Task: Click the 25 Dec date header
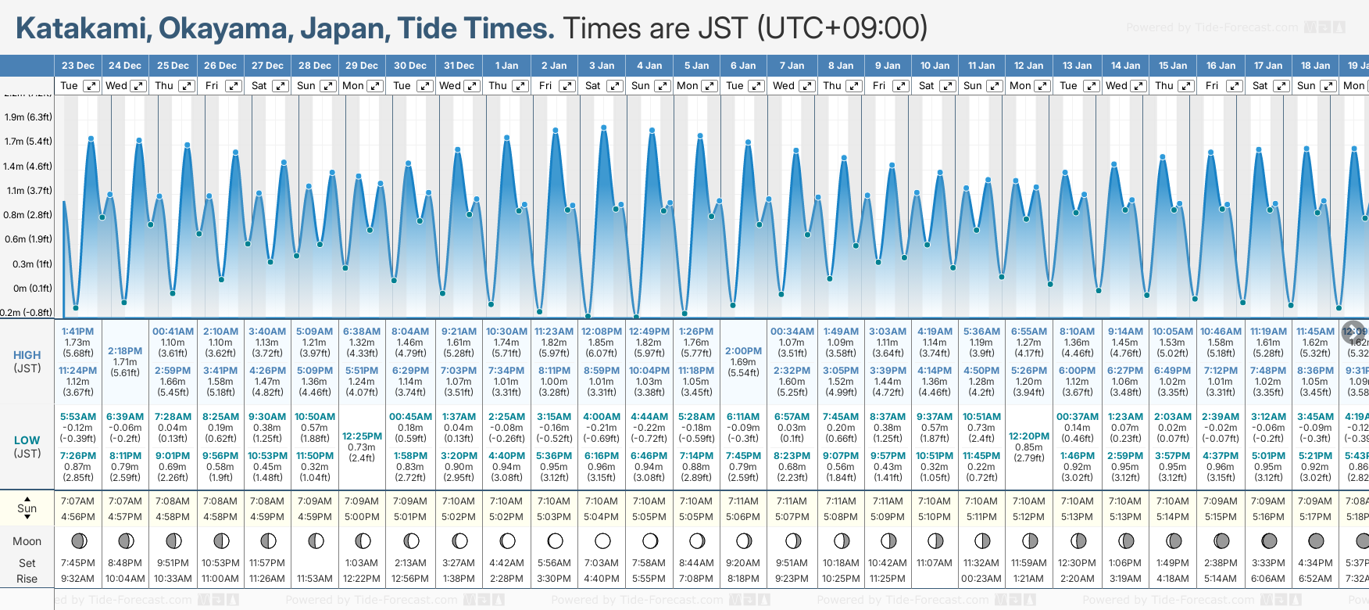173,66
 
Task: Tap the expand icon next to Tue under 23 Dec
91,86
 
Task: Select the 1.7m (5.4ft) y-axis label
28,142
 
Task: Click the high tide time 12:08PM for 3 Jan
602,332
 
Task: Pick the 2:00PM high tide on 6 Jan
743,351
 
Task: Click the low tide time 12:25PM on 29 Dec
363,436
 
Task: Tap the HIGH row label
27,355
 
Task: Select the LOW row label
27,440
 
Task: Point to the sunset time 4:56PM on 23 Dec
77,517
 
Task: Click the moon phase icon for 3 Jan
602,540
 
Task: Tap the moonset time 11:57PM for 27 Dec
267,563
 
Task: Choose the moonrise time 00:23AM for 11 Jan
981,579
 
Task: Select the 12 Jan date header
1029,66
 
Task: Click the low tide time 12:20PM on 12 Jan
1029,436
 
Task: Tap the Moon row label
27,541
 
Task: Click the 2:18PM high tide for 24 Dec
125,351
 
